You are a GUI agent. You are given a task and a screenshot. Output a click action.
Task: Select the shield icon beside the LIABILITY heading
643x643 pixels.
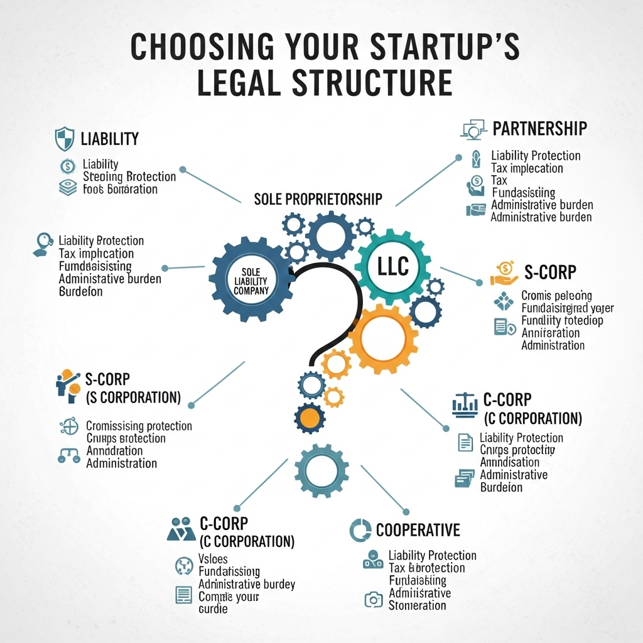64,139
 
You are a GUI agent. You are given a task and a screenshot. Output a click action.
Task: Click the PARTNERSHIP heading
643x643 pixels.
539,129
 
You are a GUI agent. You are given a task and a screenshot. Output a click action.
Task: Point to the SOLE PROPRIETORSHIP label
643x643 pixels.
318,199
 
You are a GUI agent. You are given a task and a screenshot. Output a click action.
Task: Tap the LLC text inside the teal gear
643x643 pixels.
393,266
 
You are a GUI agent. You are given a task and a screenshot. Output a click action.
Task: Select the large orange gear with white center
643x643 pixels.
383,338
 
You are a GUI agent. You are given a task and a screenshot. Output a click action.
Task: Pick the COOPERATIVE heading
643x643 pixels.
418,531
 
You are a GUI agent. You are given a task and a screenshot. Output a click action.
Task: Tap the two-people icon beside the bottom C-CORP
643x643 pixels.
181,529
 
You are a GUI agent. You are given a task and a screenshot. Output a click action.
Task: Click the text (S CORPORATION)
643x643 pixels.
132,397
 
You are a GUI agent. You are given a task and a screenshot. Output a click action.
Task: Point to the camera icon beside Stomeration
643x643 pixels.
373,600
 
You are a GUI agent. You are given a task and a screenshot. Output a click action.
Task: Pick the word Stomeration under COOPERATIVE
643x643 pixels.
417,605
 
